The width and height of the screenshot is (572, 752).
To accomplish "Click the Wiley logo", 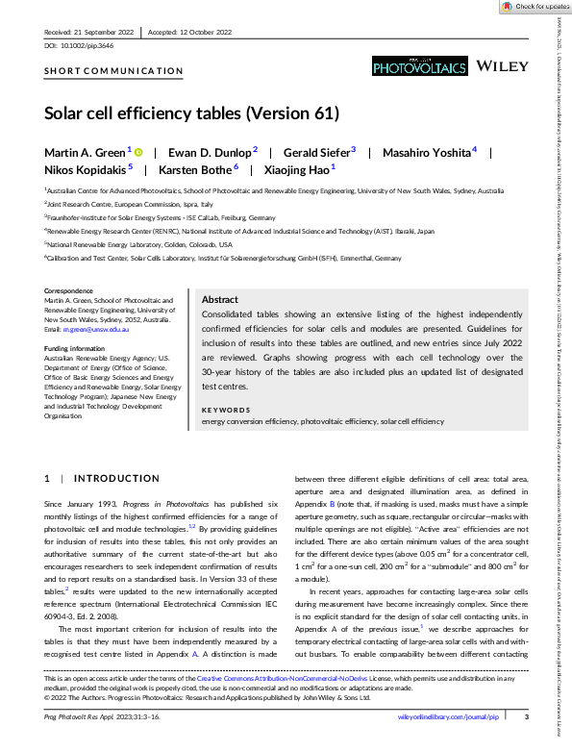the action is click(503, 65).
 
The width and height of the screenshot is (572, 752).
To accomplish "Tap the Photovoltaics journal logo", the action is click(419, 65).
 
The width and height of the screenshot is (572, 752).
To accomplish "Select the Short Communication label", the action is click(113, 70).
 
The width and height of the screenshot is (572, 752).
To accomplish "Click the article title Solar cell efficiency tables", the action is click(192, 113).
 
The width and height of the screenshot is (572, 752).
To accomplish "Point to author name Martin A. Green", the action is click(86, 152).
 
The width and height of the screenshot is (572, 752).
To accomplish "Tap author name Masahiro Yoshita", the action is click(429, 152).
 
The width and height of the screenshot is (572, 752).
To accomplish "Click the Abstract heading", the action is click(220, 300).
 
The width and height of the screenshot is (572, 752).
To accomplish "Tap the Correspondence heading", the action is click(70, 290).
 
